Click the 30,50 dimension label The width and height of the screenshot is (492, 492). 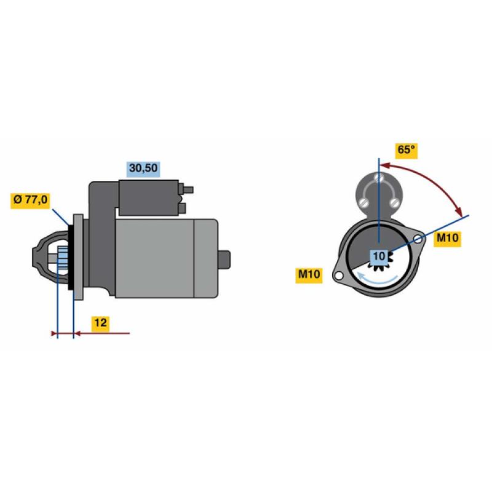143,169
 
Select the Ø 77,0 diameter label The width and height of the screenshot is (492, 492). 30,199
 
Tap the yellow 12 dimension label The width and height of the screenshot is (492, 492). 101,323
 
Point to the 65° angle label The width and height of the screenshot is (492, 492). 407,150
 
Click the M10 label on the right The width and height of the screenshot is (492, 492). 448,238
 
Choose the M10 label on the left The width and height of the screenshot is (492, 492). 309,274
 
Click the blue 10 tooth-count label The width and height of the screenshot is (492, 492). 379,256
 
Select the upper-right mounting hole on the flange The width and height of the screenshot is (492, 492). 418,240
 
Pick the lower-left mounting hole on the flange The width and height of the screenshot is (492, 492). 339,276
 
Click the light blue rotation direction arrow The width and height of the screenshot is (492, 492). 378,279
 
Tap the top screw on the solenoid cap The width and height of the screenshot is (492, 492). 379,178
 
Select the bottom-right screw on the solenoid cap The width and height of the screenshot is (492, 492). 395,202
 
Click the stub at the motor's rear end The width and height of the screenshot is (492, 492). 224,260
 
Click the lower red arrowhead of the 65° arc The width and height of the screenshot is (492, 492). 459,212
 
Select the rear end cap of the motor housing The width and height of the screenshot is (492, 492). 206,258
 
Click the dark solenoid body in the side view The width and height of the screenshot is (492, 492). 148,197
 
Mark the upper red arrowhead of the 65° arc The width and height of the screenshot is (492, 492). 385,165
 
